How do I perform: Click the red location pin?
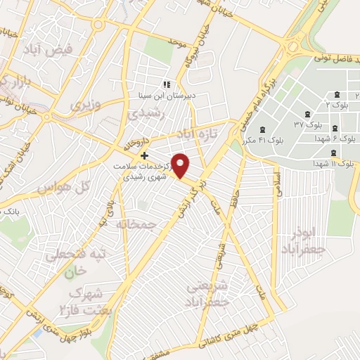(181, 165)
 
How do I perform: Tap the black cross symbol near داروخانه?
(144, 155)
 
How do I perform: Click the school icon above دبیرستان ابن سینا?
(167, 84)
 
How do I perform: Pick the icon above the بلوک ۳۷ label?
(307, 115)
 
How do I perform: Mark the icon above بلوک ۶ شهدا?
(333, 128)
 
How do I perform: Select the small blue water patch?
(127, 5)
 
